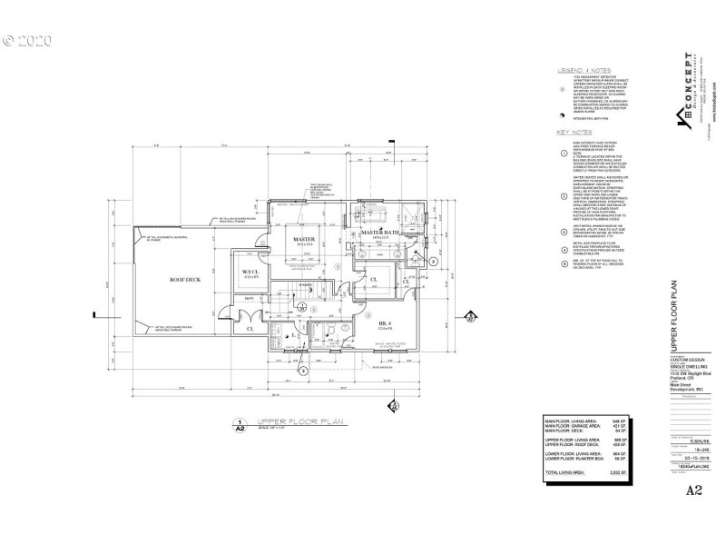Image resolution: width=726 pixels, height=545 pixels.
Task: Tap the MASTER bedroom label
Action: [303, 240]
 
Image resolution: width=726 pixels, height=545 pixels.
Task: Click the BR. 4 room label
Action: [386, 322]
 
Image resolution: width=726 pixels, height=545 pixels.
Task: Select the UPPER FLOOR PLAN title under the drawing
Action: [301, 422]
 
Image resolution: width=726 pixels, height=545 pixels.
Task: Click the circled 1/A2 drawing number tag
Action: [239, 423]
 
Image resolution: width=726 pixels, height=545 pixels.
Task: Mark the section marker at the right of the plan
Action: [470, 317]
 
